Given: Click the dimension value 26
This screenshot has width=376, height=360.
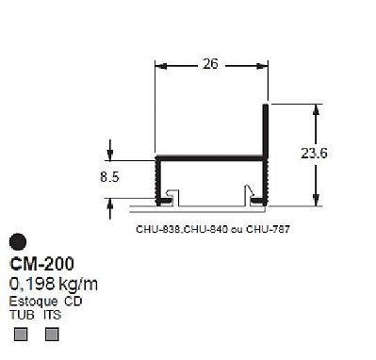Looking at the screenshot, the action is point(210,64).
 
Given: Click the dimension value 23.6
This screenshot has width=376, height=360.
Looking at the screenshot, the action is point(314,154).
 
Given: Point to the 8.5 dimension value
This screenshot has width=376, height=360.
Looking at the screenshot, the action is point(109,177).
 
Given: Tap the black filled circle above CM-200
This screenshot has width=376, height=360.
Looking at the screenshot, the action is point(18,242).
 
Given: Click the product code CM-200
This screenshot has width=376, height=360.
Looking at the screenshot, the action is point(41,264).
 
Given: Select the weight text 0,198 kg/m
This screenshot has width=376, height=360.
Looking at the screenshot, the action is point(54,284).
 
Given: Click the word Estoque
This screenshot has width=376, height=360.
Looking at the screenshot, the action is point(33,302).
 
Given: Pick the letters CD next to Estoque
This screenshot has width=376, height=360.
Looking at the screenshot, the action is point(74,302).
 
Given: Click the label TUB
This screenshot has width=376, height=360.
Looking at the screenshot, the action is point(22,315).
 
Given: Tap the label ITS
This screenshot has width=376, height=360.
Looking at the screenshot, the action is point(52,315).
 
